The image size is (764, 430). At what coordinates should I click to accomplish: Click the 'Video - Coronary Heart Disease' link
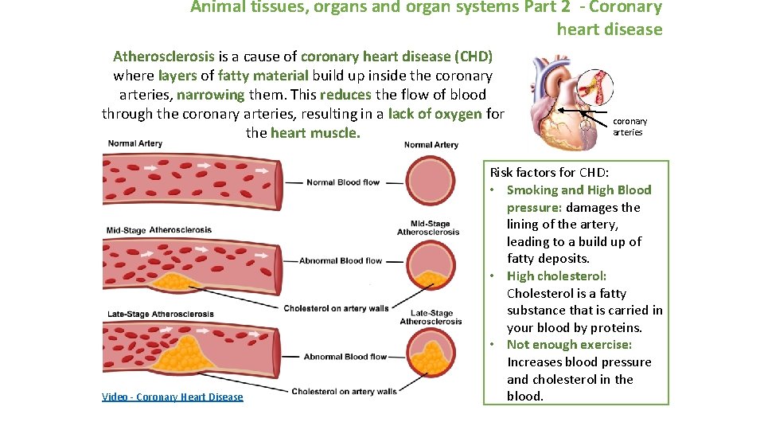click(173, 397)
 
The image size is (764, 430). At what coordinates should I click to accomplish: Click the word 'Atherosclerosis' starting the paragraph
click(163, 57)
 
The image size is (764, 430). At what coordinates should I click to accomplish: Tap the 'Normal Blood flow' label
click(343, 182)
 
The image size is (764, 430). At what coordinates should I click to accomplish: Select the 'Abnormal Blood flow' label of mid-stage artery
click(340, 260)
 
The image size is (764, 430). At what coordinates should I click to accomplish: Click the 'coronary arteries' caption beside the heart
click(630, 127)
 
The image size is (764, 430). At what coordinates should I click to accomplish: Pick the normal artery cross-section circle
click(431, 182)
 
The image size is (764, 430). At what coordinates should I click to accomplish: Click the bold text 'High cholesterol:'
click(556, 276)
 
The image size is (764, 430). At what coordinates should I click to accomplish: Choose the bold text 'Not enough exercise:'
click(569, 345)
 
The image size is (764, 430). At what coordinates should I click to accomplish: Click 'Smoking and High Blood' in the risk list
click(579, 190)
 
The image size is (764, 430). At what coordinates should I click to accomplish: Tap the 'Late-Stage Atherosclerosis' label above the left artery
click(160, 314)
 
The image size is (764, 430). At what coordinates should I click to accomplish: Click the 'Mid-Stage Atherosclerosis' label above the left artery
click(159, 230)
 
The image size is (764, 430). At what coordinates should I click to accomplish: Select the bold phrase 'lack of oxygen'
click(435, 114)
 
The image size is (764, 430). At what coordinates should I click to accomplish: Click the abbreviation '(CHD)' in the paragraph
click(474, 57)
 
